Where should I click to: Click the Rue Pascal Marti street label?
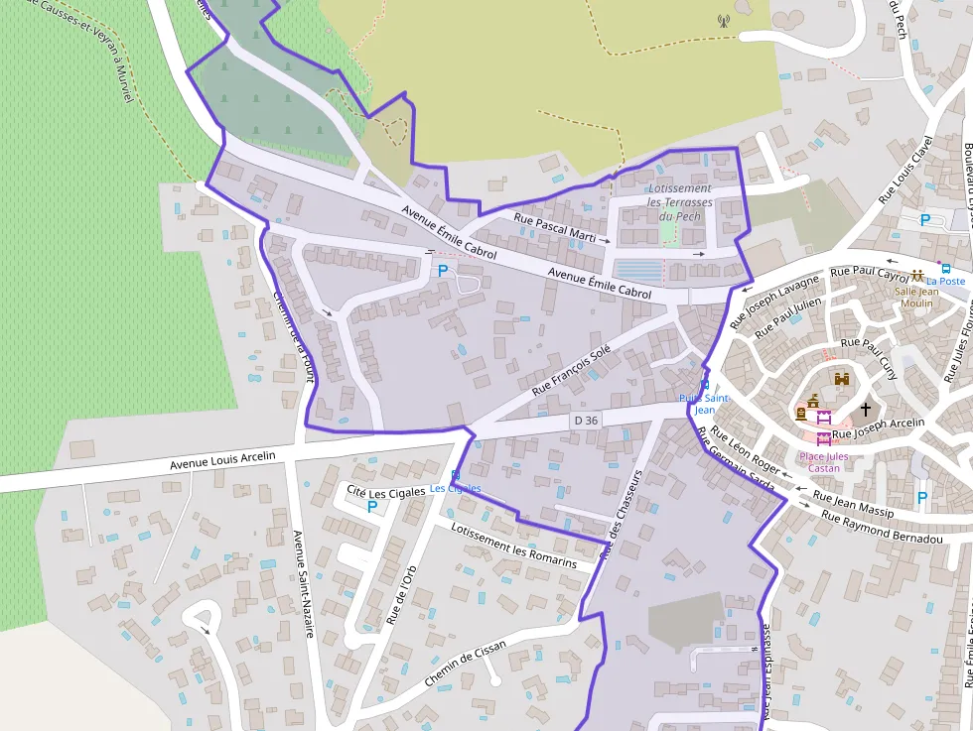pos(554,227)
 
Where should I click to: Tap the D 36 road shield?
pos(586,421)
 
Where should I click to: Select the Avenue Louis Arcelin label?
pos(221,458)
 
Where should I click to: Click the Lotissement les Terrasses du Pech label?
pos(680,202)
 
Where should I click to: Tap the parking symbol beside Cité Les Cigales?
pos(372,507)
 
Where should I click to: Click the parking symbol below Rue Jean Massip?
pos(922,498)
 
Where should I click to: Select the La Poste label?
pos(945,281)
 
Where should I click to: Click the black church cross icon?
pos(865,409)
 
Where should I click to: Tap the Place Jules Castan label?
pos(819,462)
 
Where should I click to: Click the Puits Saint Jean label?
pos(704,403)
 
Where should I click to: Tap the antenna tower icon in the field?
pos(722,19)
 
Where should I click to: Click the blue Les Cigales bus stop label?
pos(455,488)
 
